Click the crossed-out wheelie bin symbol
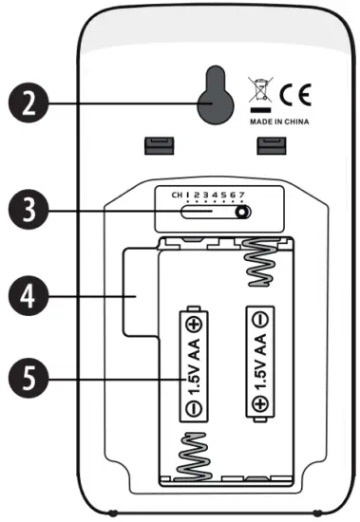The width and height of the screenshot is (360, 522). coord(259,93)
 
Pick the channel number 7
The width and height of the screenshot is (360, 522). coord(244,195)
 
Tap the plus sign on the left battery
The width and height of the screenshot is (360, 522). coord(193,323)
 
